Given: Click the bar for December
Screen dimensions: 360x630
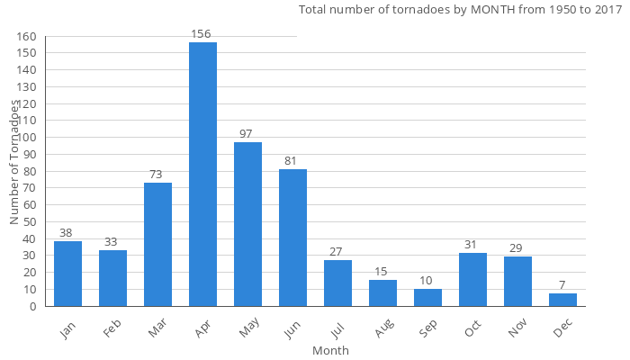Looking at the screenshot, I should click(x=562, y=300).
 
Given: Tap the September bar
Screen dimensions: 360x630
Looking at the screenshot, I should click(x=427, y=298).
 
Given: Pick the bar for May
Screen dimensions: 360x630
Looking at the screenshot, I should click(x=247, y=224).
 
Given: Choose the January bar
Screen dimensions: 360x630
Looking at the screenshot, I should click(x=67, y=274).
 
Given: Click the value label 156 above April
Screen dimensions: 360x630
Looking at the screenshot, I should click(x=201, y=34).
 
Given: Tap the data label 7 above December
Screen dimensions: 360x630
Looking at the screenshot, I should click(x=562, y=285).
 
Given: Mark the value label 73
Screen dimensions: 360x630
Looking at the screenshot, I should click(x=157, y=175).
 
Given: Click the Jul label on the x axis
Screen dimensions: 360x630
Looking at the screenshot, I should click(x=337, y=329).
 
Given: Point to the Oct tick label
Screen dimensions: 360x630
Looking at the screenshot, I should click(x=472, y=330).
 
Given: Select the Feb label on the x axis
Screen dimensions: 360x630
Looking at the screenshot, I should click(x=112, y=330).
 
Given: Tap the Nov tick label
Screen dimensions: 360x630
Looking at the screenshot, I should click(x=517, y=330).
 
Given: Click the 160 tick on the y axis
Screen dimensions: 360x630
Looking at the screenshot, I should click(x=27, y=37).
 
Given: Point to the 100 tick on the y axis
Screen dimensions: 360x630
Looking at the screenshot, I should click(x=27, y=138).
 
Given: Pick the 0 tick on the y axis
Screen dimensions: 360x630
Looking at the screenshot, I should click(x=33, y=306).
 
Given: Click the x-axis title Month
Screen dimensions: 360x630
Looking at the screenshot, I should click(x=330, y=350).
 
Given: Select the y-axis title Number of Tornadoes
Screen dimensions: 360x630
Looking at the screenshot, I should click(x=15, y=162).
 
